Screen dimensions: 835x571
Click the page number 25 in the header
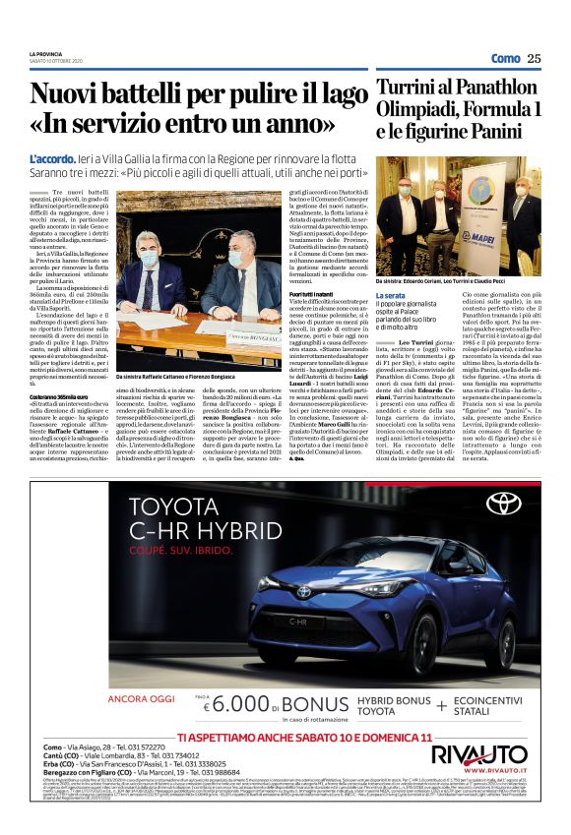(534, 58)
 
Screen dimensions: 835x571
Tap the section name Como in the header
(505, 58)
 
